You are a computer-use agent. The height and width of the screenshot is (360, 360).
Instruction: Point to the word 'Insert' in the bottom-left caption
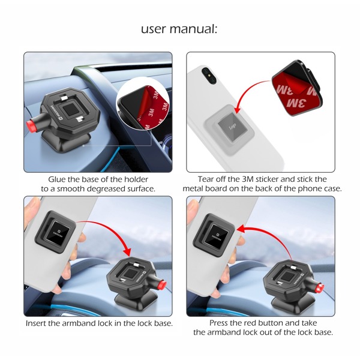pyautogui.click(x=36, y=323)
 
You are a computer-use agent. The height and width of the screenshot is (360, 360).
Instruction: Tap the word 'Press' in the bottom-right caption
pyautogui.click(x=218, y=323)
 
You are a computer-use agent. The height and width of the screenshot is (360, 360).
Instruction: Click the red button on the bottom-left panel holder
pyautogui.click(x=163, y=285)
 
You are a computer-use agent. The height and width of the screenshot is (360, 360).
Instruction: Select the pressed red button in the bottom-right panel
pyautogui.click(x=320, y=288)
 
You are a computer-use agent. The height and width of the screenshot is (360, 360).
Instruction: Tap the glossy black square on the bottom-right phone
pyautogui.click(x=216, y=236)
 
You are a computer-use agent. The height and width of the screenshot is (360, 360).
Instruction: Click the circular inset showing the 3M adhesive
pyautogui.click(x=143, y=108)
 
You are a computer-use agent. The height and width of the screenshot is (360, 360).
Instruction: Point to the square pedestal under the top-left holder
pyautogui.click(x=67, y=143)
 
